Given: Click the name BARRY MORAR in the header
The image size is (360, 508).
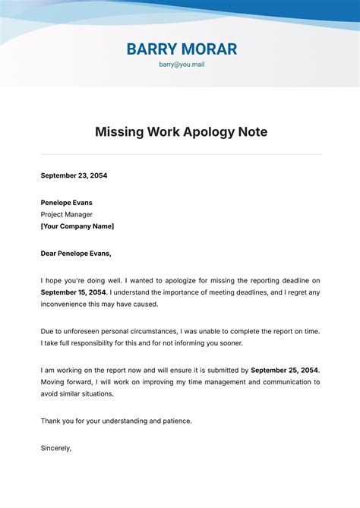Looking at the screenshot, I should (182, 49).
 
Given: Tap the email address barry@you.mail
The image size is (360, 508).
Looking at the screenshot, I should (182, 65).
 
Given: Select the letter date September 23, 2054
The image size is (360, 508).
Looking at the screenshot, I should (74, 175).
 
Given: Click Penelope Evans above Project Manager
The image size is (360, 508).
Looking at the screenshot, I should (67, 203).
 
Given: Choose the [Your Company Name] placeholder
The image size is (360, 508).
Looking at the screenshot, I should (77, 226).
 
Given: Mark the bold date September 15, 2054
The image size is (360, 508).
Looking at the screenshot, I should (74, 292).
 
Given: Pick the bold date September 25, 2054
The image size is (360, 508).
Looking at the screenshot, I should (285, 370).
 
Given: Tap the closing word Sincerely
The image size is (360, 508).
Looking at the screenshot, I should (55, 448).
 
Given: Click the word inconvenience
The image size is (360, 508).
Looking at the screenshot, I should (67, 304).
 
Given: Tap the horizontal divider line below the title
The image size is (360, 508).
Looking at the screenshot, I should (182, 155).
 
